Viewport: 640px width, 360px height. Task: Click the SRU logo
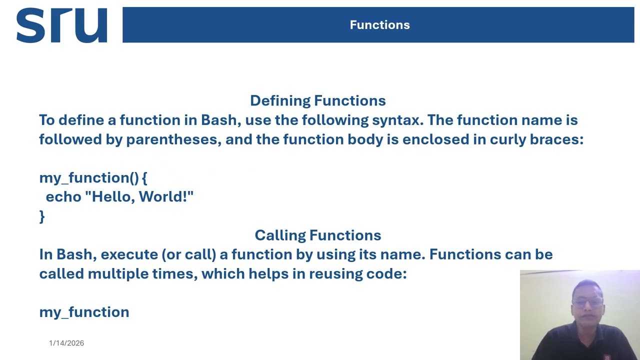[61, 25]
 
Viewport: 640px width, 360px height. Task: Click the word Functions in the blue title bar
[379, 25]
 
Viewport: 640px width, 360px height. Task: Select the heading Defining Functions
[317, 100]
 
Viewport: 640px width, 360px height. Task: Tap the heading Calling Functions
[317, 235]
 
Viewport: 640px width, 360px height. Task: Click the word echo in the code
[63, 197]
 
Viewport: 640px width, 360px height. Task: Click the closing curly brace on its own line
[42, 216]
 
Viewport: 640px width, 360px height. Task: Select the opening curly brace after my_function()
[144, 178]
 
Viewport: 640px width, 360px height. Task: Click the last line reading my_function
[84, 312]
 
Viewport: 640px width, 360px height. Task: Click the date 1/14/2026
[66, 343]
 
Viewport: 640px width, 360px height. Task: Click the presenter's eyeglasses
[588, 302]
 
